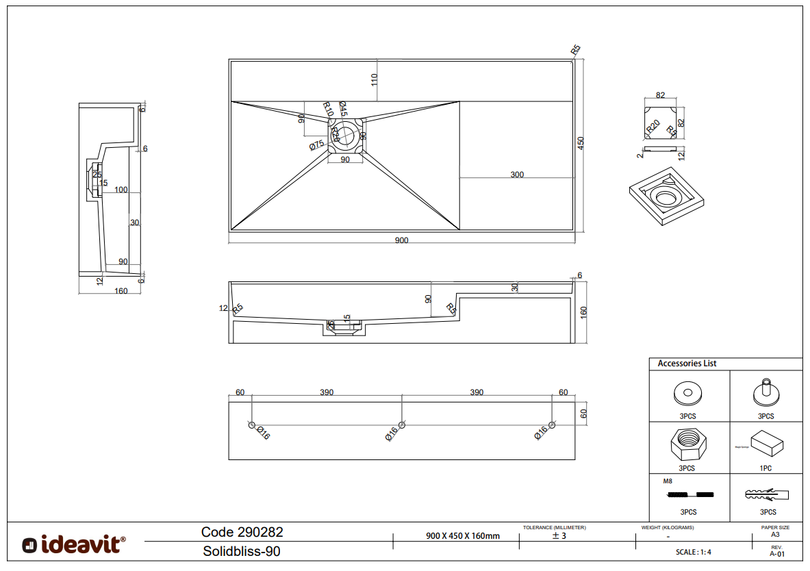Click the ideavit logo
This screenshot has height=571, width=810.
point(74,544)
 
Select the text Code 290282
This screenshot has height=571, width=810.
point(242,532)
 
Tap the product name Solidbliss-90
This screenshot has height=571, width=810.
point(242,551)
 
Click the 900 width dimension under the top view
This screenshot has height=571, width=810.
point(401,240)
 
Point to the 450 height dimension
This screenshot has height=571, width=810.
point(581,143)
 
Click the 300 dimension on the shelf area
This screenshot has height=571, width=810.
point(517,175)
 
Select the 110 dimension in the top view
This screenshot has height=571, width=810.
point(375,79)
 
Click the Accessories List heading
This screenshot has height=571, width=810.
point(687,364)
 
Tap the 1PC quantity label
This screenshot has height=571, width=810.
point(766,468)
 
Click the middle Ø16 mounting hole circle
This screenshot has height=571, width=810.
point(402,425)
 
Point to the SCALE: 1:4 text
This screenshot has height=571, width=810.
point(693,552)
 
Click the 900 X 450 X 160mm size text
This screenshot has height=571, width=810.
point(463,536)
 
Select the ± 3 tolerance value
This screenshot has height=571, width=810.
point(559,536)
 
